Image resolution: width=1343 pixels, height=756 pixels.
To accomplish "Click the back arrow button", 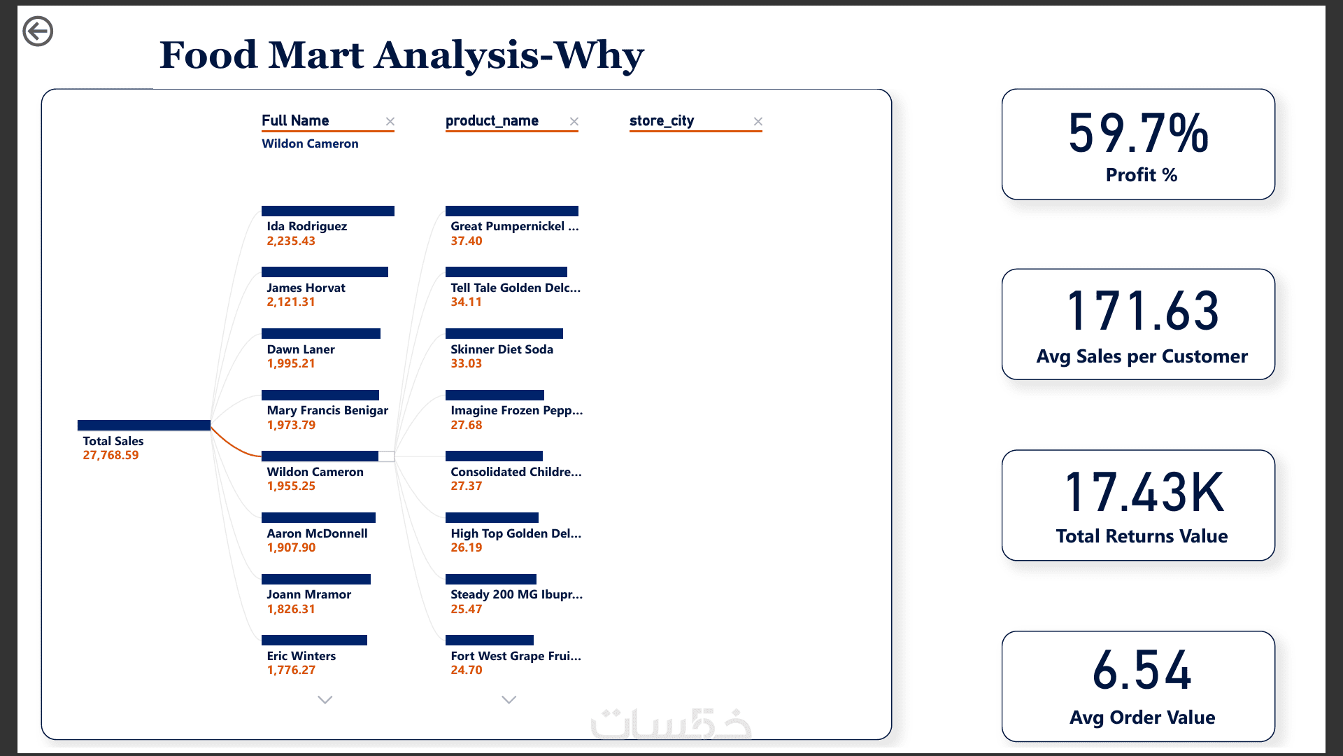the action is click(x=38, y=31).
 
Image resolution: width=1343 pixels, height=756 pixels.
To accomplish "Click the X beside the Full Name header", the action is click(x=390, y=122).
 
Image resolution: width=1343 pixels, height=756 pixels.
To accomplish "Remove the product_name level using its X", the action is click(x=574, y=122).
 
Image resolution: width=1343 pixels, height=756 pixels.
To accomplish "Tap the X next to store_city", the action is click(x=758, y=122).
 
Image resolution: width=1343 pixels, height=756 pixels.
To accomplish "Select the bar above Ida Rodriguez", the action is click(x=328, y=211).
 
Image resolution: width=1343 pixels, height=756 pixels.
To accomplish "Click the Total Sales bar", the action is click(x=144, y=425).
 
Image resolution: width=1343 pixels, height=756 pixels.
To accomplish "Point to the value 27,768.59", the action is click(x=111, y=455).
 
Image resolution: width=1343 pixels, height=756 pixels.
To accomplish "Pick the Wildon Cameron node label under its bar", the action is click(x=315, y=472).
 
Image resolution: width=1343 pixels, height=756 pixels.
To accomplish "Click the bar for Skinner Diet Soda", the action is click(x=504, y=333).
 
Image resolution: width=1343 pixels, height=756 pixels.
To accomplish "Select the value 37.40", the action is click(x=467, y=241).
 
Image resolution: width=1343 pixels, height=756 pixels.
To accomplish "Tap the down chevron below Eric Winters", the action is click(x=325, y=699).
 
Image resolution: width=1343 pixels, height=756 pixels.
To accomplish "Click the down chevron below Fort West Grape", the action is click(x=509, y=699).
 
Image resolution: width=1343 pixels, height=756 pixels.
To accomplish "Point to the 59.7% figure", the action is click(x=1139, y=133).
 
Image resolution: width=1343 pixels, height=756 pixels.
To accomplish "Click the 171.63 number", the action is click(x=1143, y=311).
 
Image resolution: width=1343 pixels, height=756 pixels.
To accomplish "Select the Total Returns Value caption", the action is click(x=1142, y=536).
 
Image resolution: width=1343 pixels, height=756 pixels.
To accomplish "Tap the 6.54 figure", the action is click(x=1142, y=670).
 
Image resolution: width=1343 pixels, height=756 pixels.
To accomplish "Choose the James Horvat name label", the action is click(x=306, y=288).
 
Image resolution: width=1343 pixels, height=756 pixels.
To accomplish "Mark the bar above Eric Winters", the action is click(x=314, y=640).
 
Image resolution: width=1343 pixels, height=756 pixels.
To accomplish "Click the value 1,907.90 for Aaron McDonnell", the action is click(x=291, y=547).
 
